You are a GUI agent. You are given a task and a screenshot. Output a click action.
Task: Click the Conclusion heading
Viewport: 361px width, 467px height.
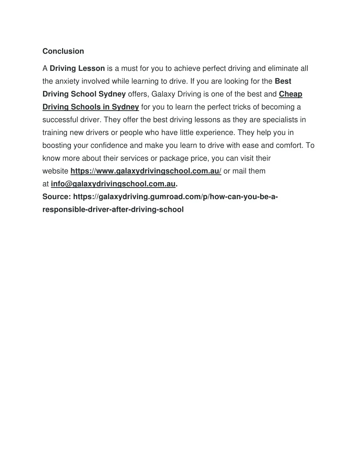63,51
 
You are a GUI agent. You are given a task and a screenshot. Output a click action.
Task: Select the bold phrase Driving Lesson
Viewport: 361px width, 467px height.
77,68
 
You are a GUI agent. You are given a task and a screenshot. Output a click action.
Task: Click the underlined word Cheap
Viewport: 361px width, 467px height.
290,94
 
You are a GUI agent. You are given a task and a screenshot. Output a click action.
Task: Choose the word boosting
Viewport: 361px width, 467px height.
57,146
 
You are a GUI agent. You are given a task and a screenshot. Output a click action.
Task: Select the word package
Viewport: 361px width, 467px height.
172,158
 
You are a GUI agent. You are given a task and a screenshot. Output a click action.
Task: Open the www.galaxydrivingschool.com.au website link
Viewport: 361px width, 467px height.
146,171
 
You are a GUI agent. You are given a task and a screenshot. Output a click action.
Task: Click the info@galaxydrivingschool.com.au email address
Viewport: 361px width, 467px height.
113,184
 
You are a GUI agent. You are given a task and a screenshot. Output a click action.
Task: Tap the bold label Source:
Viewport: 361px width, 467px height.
57,197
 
